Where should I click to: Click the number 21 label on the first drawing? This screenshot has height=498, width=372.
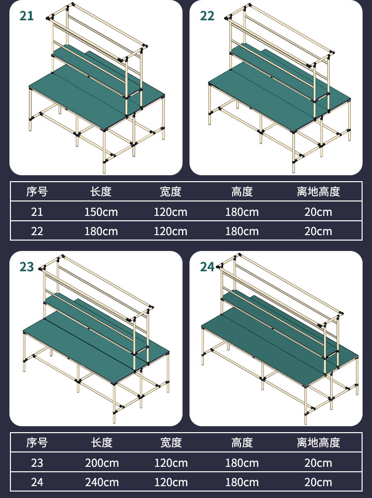pyautogui.click(x=26, y=16)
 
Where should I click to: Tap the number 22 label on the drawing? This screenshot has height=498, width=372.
pyautogui.click(x=207, y=16)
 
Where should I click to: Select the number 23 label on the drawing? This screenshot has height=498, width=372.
pyautogui.click(x=26, y=267)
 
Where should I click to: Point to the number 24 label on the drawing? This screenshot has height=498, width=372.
pyautogui.click(x=207, y=267)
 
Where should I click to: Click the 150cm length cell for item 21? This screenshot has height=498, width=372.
pyautogui.click(x=101, y=212)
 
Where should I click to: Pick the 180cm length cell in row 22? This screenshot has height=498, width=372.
pyautogui.click(x=101, y=231)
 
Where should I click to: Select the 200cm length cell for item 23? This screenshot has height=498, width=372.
pyautogui.click(x=102, y=463)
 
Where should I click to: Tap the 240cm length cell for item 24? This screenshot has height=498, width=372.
pyautogui.click(x=102, y=483)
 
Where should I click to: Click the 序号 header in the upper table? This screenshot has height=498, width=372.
pyautogui.click(x=37, y=192)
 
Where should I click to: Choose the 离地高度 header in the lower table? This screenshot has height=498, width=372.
pyautogui.click(x=318, y=443)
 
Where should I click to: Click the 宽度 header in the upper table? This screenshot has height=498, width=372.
pyautogui.click(x=171, y=192)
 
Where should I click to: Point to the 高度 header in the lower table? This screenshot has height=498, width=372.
pyautogui.click(x=242, y=443)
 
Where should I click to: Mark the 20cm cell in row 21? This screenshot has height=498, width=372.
pyautogui.click(x=318, y=212)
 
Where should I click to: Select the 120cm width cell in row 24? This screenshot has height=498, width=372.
pyautogui.click(x=171, y=483)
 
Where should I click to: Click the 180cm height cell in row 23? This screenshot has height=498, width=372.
pyautogui.click(x=242, y=463)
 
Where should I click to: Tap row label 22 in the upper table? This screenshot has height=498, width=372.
pyautogui.click(x=37, y=231)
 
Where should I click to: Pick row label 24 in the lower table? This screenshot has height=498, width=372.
pyautogui.click(x=37, y=483)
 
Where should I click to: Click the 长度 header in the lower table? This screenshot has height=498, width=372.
pyautogui.click(x=102, y=443)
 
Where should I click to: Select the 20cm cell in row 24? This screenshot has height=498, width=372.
pyautogui.click(x=318, y=483)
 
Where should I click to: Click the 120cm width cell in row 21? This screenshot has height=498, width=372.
pyautogui.click(x=171, y=212)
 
